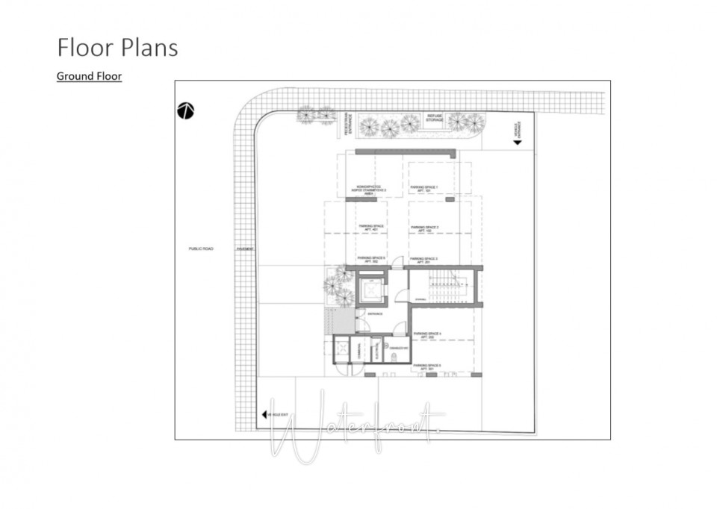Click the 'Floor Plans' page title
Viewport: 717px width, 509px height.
tap(117, 47)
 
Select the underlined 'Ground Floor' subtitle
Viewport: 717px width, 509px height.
tap(89, 76)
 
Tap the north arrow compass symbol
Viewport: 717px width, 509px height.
tap(186, 110)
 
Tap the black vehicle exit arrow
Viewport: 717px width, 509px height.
tap(264, 415)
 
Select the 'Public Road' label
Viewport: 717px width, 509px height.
tap(201, 249)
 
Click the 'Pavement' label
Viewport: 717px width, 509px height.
tap(245, 249)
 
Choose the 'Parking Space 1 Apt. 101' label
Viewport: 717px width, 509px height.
tap(423, 190)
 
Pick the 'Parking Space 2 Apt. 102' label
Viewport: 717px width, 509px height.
tap(423, 228)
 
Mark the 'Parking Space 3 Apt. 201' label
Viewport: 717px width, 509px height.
tap(423, 260)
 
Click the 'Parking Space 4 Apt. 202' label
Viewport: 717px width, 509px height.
tap(427, 335)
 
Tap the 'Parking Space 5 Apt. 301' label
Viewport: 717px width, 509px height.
tap(426, 366)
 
